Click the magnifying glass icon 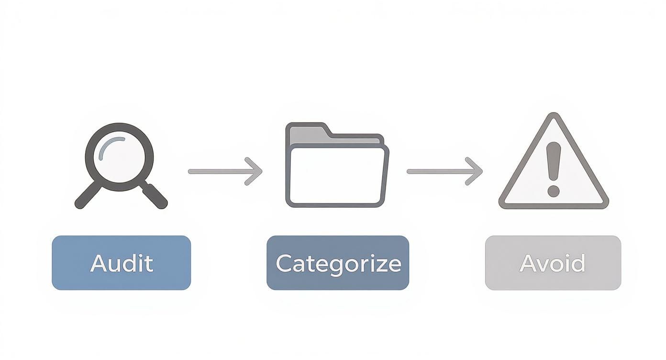pyautogui.click(x=120, y=163)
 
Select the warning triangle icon pyautogui.click(x=554, y=165)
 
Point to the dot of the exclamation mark pyautogui.click(x=554, y=191)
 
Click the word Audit pyautogui.click(x=122, y=263)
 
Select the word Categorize pyautogui.click(x=338, y=263)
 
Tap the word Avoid pyautogui.click(x=553, y=263)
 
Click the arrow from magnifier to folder pyautogui.click(x=225, y=171)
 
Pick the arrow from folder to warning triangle pyautogui.click(x=444, y=171)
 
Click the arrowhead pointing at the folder pyautogui.click(x=256, y=171)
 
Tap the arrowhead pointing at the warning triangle pyautogui.click(x=476, y=171)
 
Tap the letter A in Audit pyautogui.click(x=99, y=263)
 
